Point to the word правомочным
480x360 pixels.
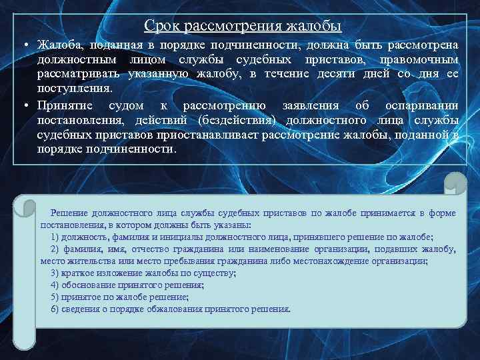(418, 59)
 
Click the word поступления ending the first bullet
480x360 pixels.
(75, 87)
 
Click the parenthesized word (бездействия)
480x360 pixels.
(241, 120)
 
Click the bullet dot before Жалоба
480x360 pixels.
(22, 45)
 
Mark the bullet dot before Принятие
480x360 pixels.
(22, 106)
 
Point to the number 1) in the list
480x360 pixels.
(55, 237)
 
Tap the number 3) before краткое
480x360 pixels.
(55, 273)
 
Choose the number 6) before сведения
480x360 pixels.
(55, 309)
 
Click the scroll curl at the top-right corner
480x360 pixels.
(455, 183)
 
